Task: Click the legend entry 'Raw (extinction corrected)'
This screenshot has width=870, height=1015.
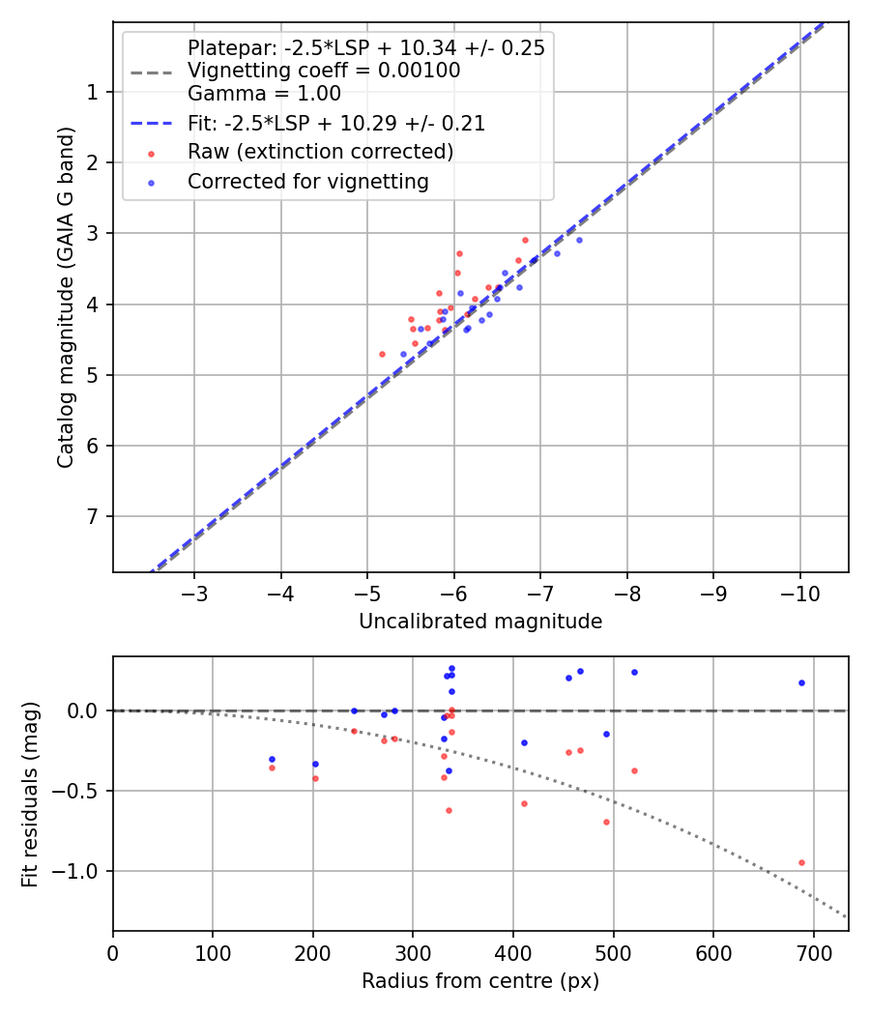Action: (320, 152)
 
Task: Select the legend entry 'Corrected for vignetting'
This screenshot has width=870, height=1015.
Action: (307, 181)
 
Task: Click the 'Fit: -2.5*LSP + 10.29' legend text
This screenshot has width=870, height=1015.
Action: (335, 124)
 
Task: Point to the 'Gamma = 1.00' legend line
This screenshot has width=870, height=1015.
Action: (264, 94)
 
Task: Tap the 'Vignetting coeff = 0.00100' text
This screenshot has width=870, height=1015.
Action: (324, 71)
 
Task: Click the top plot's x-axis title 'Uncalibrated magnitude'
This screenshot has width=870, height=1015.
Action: (480, 622)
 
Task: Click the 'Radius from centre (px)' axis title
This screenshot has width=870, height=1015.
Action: (480, 981)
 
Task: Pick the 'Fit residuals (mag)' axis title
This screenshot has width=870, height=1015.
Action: (30, 794)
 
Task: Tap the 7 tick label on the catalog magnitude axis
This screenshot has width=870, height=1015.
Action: (92, 516)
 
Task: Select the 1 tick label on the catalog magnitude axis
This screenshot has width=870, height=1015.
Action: (92, 92)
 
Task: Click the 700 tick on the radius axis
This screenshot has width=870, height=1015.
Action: (813, 953)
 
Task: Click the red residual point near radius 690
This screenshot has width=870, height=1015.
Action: (801, 862)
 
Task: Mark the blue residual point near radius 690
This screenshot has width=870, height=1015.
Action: (801, 682)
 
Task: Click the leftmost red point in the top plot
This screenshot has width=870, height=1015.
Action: (382, 354)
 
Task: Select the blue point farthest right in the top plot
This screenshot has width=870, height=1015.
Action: (579, 240)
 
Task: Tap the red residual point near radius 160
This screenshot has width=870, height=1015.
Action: (272, 768)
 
